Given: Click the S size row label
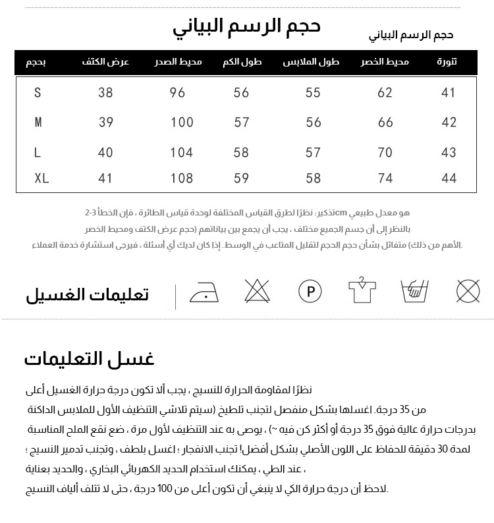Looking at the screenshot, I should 38,93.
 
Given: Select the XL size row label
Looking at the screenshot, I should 41,178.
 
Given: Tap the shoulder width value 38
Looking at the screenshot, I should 105,93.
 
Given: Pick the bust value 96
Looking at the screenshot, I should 178,93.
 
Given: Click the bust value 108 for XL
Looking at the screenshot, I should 182,178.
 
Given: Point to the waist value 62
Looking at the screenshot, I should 385,93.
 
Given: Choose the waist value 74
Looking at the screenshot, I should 385,178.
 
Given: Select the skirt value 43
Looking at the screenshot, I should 449,152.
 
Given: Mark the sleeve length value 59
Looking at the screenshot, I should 242,178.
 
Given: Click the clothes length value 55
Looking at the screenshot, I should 314,93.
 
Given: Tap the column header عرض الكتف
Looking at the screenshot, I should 105,62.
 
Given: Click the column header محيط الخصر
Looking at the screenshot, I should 385,62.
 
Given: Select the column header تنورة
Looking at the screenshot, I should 447,62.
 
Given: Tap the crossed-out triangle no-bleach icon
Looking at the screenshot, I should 257,290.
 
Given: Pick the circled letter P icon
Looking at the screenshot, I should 310,290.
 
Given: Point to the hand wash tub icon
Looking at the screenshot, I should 415,290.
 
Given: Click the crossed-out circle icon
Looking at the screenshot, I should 468,290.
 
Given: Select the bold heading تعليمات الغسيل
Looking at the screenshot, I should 88,294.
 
